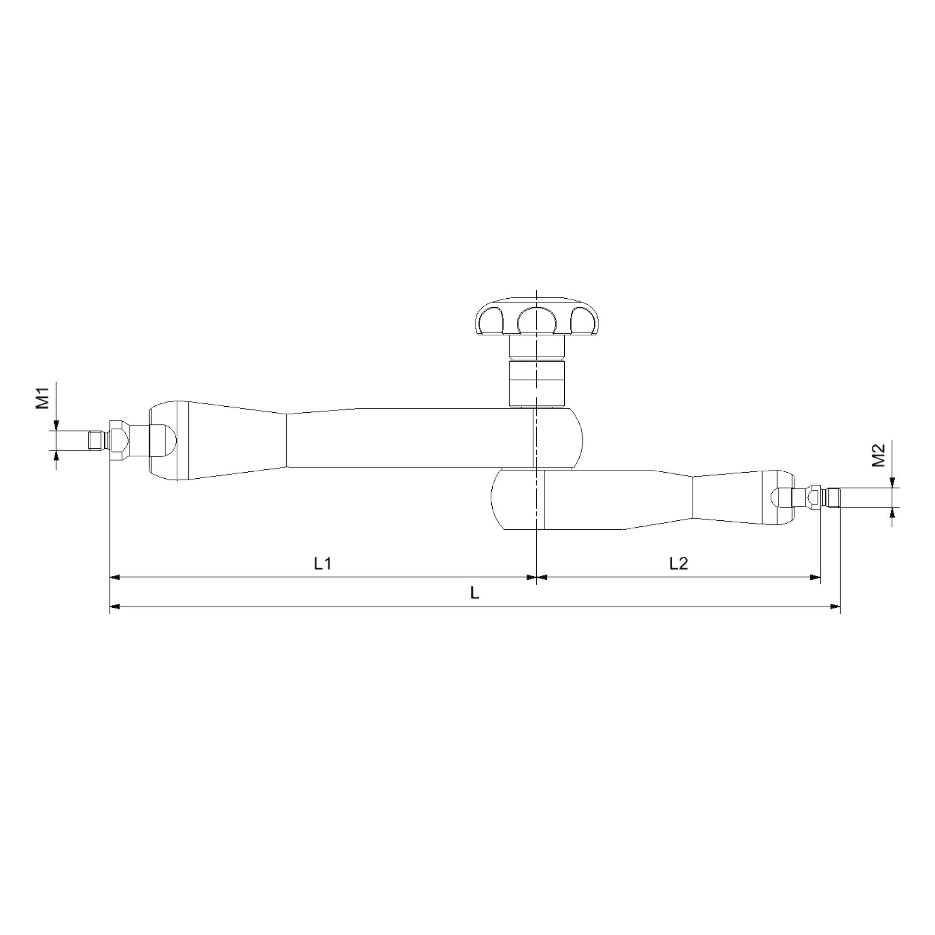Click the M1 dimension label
(x=43, y=398)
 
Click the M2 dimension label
(x=878, y=455)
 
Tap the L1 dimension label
(x=322, y=563)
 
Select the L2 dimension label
(x=678, y=563)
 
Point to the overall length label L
(x=475, y=593)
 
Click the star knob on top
(x=537, y=317)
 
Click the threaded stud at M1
(x=98, y=440)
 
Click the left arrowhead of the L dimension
(x=114, y=606)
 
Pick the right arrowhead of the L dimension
(x=836, y=606)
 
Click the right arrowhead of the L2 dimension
(x=816, y=577)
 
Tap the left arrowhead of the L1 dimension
(x=114, y=577)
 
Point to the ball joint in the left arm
(x=163, y=440)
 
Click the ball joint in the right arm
(x=780, y=498)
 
